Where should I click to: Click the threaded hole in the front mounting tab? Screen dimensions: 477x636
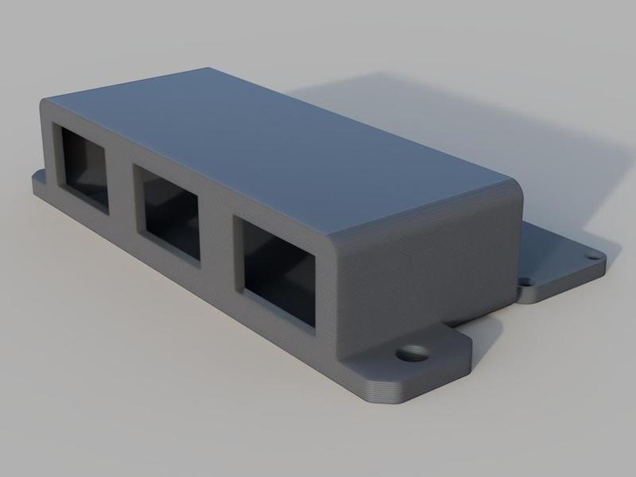412,351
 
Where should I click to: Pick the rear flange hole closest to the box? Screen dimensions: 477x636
525,281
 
